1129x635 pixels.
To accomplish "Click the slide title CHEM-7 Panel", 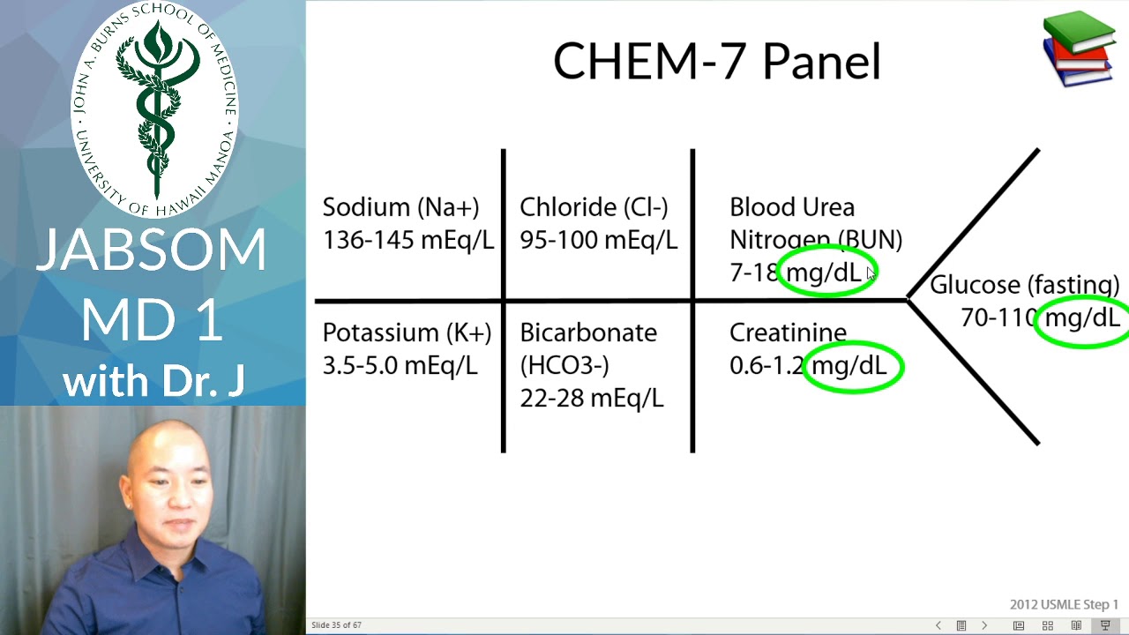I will (716, 63).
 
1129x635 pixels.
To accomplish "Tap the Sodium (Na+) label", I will (400, 207).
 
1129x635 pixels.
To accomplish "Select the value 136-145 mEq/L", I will (407, 240).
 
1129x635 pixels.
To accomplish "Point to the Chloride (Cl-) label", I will (594, 207).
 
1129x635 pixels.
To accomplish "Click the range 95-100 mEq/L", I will (598, 240).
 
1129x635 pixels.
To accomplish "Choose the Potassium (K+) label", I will (407, 332).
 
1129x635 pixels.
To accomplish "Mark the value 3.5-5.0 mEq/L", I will (400, 365).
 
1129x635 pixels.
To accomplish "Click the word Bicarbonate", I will (588, 332).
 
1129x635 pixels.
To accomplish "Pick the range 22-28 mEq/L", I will (591, 398).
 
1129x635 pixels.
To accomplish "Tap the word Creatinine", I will (788, 332).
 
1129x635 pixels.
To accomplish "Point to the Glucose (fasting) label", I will (1024, 285).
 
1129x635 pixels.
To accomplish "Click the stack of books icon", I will (1079, 49).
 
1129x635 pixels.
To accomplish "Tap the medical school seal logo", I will (154, 108).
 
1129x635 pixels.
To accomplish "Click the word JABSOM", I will (152, 250).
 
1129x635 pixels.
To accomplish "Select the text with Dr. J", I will (153, 382).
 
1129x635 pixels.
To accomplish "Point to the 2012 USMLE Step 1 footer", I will (1064, 604).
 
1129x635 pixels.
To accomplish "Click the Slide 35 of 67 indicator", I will (336, 625).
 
